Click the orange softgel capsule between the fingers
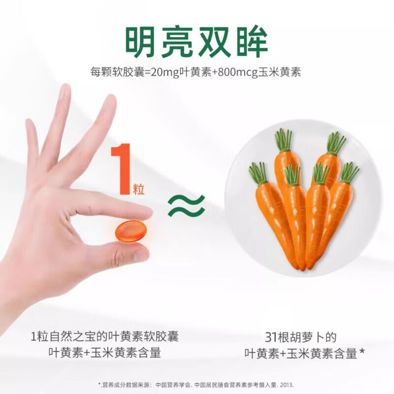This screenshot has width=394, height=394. [x=131, y=230]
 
